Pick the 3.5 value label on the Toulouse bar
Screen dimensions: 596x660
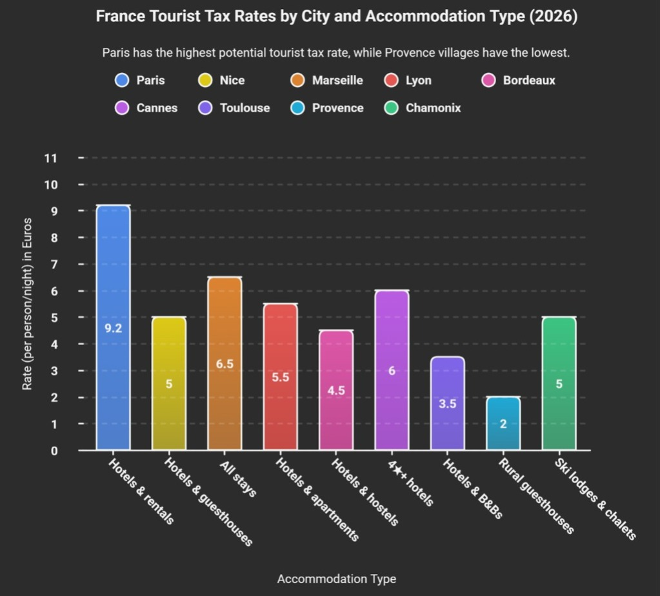coord(448,404)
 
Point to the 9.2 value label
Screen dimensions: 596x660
coord(113,328)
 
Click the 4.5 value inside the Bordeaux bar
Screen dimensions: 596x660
coord(336,390)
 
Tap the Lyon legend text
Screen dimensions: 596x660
coord(419,81)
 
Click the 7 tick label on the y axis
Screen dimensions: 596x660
coord(54,264)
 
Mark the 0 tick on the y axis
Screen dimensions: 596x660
coord(54,451)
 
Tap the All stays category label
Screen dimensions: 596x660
coord(238,479)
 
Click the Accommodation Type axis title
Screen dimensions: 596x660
coord(336,579)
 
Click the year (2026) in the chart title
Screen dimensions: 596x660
coord(553,17)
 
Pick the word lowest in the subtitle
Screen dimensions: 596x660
coord(550,53)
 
